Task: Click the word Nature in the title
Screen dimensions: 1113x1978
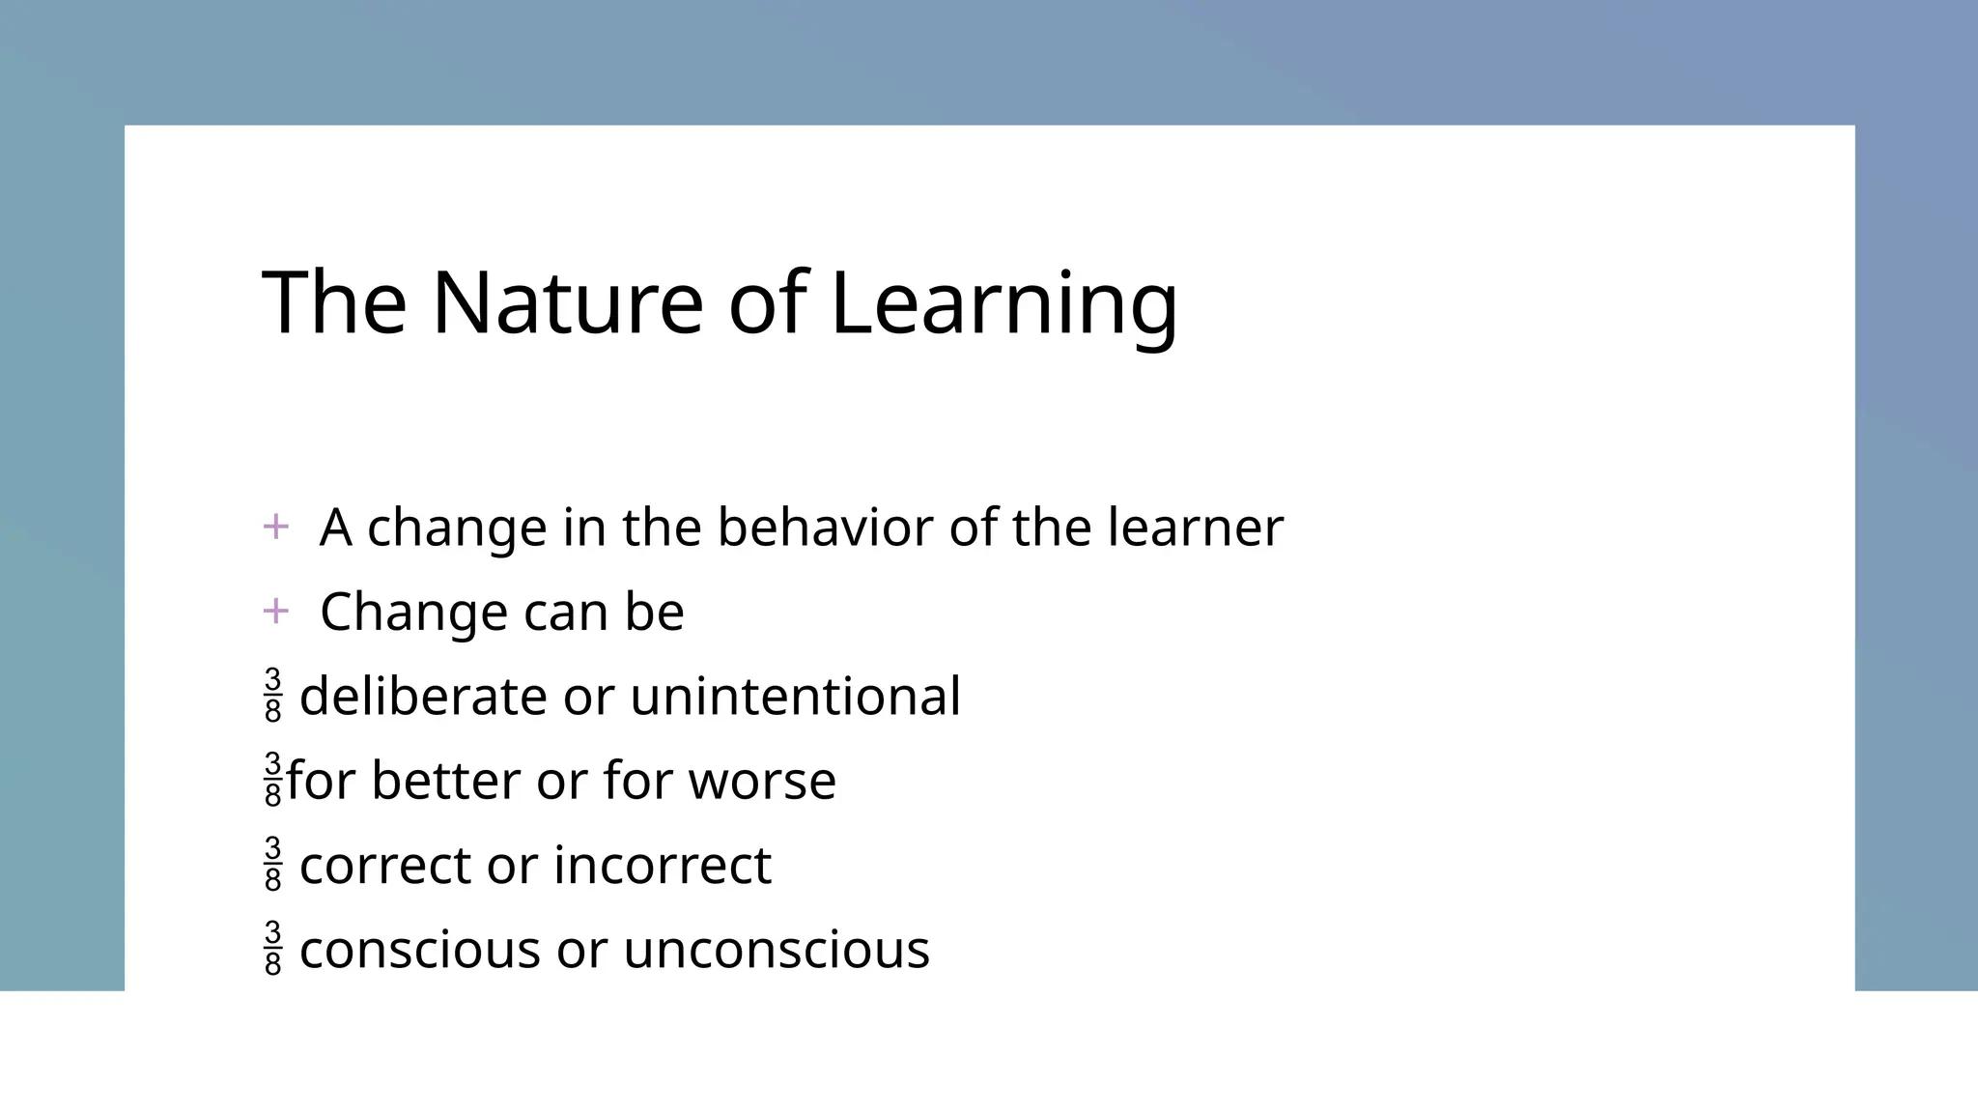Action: [x=567, y=303]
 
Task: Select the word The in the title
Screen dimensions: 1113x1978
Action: [x=333, y=303]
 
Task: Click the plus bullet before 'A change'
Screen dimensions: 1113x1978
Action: [x=275, y=527]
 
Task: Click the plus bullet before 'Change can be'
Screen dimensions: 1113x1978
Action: [x=275, y=611]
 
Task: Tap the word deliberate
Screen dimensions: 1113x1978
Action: [x=423, y=696]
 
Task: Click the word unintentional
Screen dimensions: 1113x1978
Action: [x=795, y=696]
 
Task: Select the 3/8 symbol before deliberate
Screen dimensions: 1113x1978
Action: [x=273, y=695]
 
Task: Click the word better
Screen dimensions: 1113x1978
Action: [x=445, y=781]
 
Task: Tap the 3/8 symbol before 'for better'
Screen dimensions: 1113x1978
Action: [x=273, y=779]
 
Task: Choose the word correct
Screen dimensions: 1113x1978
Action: [x=385, y=865]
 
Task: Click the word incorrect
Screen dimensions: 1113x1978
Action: [x=663, y=865]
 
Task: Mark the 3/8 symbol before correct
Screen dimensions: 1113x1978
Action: [x=273, y=864]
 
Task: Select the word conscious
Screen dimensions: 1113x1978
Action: [x=419, y=949]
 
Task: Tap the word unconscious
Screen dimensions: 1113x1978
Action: [x=776, y=949]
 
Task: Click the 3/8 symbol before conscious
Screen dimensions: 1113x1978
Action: [x=273, y=948]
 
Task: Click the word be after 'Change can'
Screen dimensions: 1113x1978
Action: [x=654, y=612]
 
